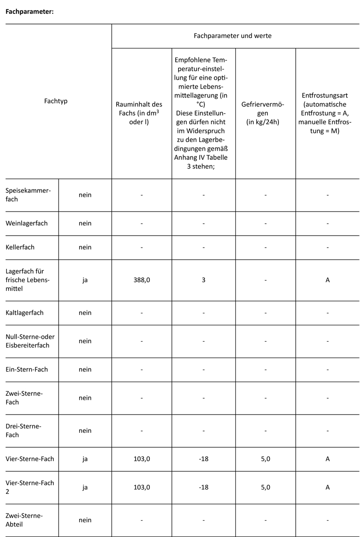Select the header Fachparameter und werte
(235, 36)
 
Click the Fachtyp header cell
(56, 101)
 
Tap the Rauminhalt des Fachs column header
(142, 113)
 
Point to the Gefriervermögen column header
(265, 113)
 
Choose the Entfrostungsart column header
(327, 113)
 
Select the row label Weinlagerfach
(27, 223)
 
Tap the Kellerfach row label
(20, 247)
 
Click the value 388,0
(142, 280)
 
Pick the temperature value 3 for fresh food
(204, 280)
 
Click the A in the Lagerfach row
(327, 280)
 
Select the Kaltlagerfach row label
(25, 312)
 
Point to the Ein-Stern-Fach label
(27, 369)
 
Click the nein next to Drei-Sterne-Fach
(85, 430)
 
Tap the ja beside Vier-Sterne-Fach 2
(85, 487)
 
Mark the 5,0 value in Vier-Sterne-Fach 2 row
(265, 487)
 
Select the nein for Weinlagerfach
(85, 223)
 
